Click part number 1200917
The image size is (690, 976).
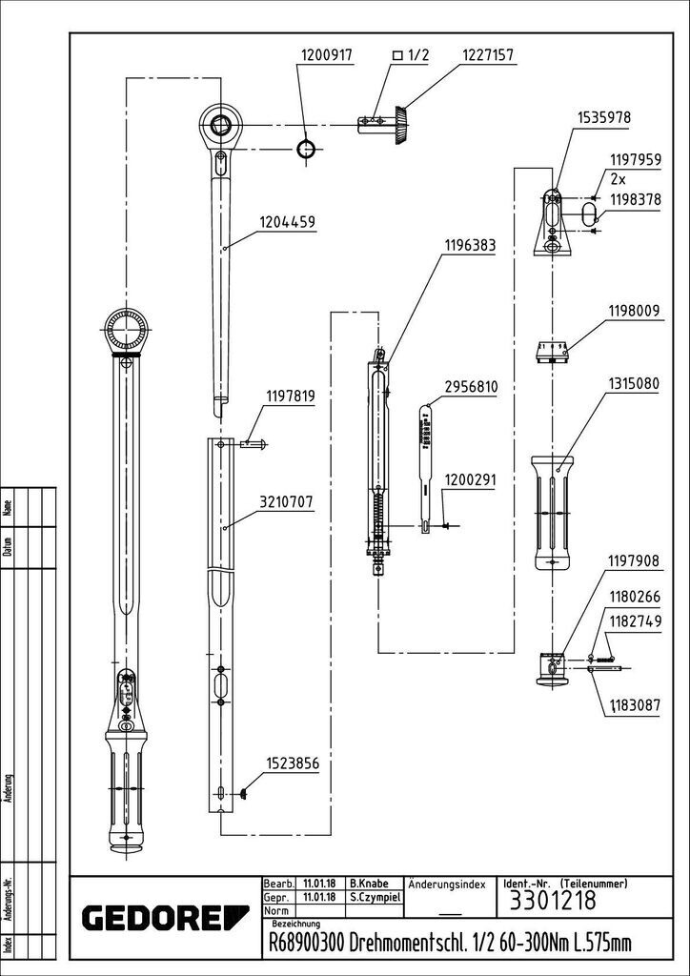tap(327, 55)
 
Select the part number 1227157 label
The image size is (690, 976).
tap(487, 55)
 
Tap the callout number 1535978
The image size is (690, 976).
tap(604, 117)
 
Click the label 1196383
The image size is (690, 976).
tap(469, 246)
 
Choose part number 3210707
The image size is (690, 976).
tap(287, 502)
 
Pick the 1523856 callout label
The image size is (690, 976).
tap(293, 763)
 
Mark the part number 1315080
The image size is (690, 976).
tap(634, 382)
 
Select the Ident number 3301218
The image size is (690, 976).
tap(553, 900)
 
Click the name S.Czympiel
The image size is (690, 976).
tap(374, 897)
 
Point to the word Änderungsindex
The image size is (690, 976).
tap(447, 884)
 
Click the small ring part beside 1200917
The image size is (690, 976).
tap(306, 150)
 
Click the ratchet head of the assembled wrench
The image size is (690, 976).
tap(128, 329)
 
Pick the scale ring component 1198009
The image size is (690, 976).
tap(552, 352)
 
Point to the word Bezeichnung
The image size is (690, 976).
tap(296, 924)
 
